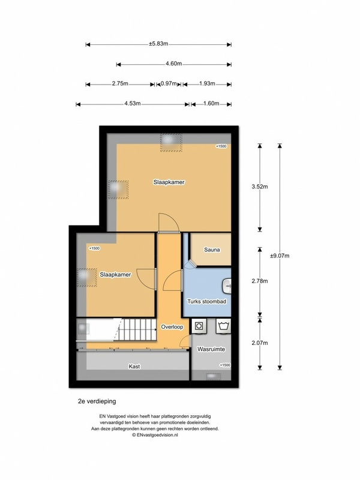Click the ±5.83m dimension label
(x=158, y=44)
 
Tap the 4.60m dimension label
(x=174, y=64)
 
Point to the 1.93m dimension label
(x=208, y=84)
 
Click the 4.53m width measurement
(x=133, y=104)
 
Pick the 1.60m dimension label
(x=211, y=104)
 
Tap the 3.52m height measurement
(x=260, y=186)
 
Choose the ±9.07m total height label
(x=280, y=256)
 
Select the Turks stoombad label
(x=206, y=302)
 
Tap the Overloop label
(x=173, y=327)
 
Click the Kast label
(x=134, y=365)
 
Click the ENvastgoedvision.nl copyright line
(x=158, y=435)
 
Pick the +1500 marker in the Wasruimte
(x=224, y=365)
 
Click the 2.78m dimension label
(x=260, y=281)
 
